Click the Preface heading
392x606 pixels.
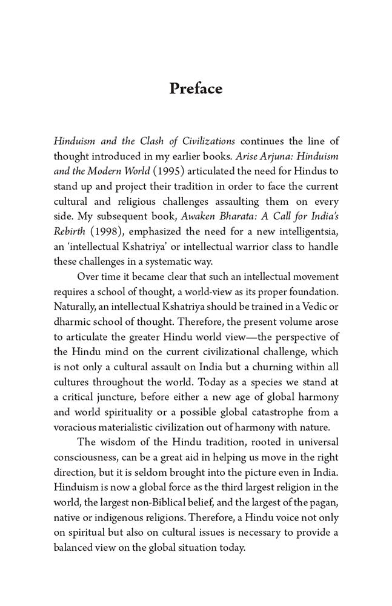point(196,88)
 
